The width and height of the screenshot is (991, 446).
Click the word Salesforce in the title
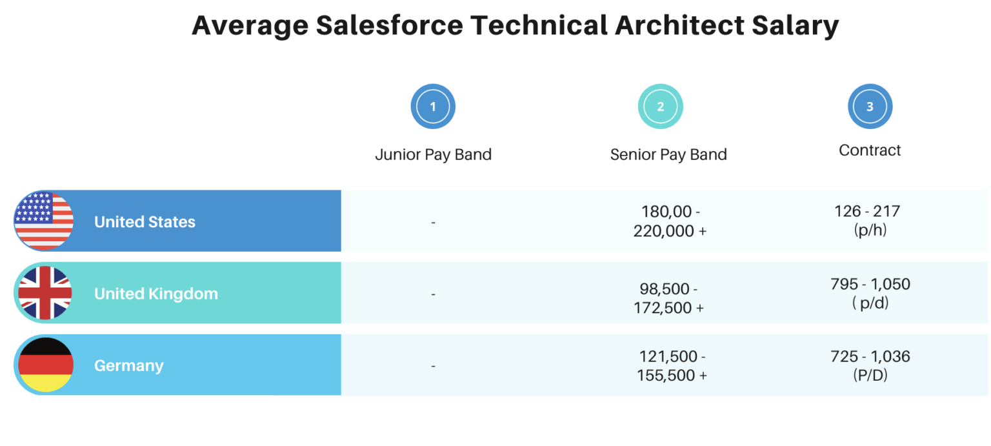pos(389,26)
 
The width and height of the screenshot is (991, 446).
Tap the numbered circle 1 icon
pos(433,106)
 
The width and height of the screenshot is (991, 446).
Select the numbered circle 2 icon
pos(660,106)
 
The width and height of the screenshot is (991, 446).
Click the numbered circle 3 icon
pos(870,106)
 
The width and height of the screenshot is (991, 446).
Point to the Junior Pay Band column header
pos(433,155)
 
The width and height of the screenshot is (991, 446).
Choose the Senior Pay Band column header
pos(668,155)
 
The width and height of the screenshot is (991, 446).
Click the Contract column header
pos(870,150)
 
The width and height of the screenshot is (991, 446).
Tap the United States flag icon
pos(44,221)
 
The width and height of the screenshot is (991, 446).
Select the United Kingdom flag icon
pos(44,293)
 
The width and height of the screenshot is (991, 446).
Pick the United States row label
pos(145,222)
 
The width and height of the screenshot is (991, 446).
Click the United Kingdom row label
pos(156,294)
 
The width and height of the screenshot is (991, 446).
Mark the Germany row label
pos(129,365)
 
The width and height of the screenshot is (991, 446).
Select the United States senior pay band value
pos(670,221)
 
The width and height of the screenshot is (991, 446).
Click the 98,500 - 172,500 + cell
pos(669,298)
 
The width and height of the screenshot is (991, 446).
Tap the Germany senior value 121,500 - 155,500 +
pos(672,365)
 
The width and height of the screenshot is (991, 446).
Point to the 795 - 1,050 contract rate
pos(870,285)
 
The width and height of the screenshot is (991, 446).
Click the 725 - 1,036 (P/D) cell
pos(870,365)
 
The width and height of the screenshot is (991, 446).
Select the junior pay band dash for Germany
pos(433,366)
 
